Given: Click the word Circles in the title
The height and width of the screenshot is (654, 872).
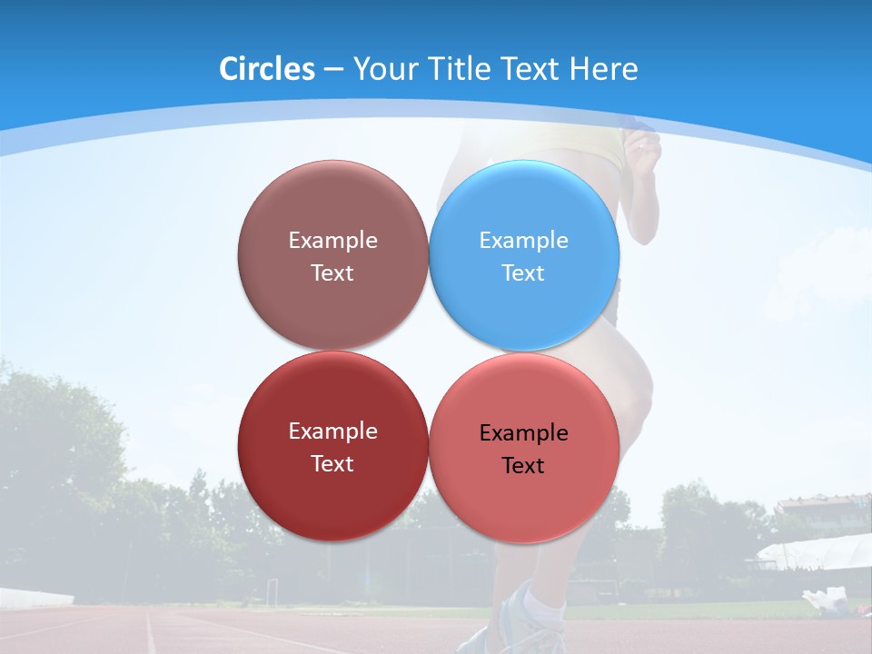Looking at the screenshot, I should [266, 69].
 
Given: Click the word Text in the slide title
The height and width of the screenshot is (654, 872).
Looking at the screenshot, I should [533, 69].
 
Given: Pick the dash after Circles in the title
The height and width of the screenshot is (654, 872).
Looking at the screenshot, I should [332, 70].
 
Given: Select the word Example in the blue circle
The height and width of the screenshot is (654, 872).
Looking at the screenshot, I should [523, 240].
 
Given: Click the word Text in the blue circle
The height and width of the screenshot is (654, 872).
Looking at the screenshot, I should [523, 272].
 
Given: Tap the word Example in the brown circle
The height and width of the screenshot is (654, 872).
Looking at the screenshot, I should [332, 240].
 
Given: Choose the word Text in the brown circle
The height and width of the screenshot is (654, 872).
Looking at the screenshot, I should [332, 272].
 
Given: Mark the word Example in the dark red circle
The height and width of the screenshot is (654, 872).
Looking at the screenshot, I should [332, 431].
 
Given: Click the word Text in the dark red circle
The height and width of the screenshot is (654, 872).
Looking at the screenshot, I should [332, 463].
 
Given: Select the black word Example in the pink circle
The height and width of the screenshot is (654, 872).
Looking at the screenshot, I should [523, 432].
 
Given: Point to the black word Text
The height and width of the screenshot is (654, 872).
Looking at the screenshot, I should [523, 465].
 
